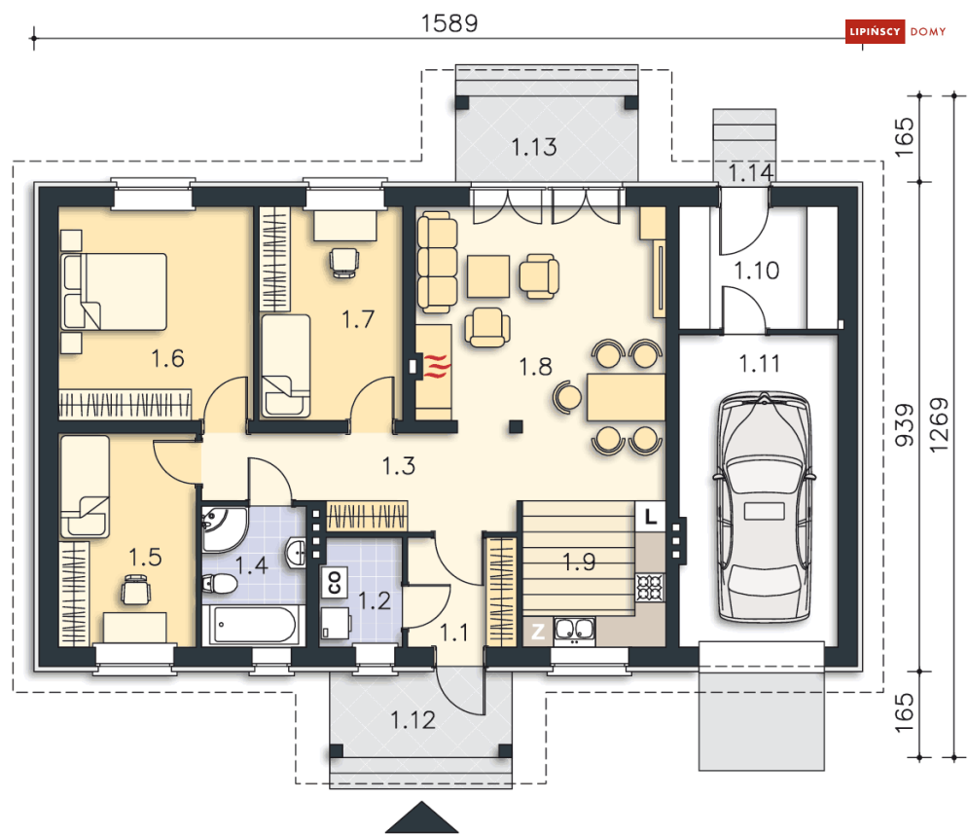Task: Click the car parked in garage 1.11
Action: [764, 506]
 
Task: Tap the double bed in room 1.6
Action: [114, 291]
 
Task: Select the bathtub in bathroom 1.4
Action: [253, 625]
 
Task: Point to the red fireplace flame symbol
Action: [437, 366]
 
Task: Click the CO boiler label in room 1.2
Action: [334, 582]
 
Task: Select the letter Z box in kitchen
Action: [538, 632]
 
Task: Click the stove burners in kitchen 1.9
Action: [650, 587]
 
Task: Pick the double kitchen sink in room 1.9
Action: [574, 630]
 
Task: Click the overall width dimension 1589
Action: [449, 23]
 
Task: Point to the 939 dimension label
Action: [904, 425]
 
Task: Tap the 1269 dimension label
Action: [939, 425]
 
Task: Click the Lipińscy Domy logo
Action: [896, 31]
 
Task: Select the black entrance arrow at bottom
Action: [422, 817]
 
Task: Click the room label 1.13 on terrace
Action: [534, 147]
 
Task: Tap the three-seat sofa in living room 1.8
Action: [437, 262]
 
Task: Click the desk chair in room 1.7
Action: [343, 263]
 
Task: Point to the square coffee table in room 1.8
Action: [488, 276]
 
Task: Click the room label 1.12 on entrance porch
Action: [413, 719]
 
